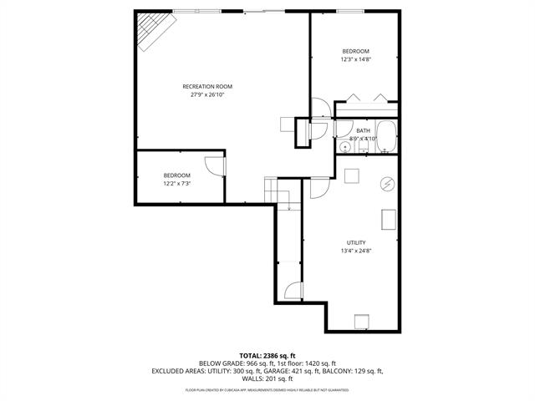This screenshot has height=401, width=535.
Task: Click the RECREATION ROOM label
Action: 207,86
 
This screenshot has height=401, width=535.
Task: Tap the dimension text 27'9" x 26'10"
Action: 207,94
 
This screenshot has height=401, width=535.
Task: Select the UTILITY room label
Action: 356,242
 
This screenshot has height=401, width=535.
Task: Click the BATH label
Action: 363,130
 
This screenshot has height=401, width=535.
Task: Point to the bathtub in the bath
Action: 386,137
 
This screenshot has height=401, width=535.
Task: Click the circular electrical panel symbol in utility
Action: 387,184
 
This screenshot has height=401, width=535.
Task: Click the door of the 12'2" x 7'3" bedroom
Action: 216,165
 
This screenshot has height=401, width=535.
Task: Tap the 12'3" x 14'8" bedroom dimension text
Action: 354,59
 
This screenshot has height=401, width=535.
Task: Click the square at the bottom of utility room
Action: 361,321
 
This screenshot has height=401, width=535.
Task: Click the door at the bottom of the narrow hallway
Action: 292,291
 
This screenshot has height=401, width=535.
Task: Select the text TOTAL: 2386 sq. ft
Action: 267,356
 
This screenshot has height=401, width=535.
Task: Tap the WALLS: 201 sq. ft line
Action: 267,378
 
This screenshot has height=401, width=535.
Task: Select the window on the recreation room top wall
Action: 197,11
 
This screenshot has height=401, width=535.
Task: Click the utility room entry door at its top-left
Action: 318,188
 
